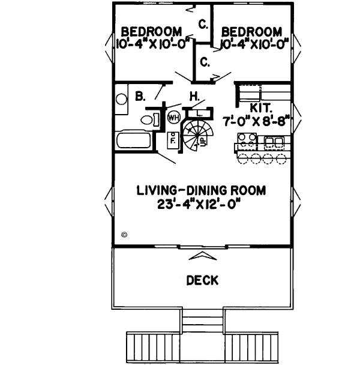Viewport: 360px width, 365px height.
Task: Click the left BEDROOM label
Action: click(152, 31)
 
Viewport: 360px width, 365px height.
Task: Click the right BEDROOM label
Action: click(251, 31)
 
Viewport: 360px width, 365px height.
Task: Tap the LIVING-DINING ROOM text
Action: click(201, 191)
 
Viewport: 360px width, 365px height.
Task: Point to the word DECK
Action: click(202, 280)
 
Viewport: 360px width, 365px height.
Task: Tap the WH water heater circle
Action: click(173, 116)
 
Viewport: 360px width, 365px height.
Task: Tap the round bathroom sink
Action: click(122, 99)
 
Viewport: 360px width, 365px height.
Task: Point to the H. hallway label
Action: click(194, 95)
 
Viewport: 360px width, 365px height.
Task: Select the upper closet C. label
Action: click(204, 25)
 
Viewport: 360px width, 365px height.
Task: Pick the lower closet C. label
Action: click(204, 61)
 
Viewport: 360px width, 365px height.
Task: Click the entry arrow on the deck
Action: click(202, 256)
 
